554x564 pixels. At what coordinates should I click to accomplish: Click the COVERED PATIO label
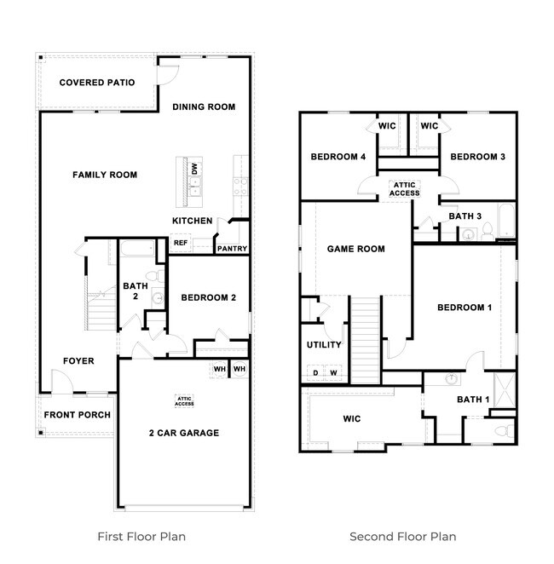click(x=93, y=83)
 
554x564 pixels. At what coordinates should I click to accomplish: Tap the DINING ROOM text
click(x=204, y=106)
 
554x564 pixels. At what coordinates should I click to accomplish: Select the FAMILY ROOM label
click(x=105, y=175)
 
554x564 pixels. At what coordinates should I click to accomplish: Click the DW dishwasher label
click(x=195, y=170)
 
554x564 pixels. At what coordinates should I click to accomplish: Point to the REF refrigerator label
click(x=180, y=243)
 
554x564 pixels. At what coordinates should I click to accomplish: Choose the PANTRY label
click(x=232, y=249)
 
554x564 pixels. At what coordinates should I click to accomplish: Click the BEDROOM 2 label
click(x=208, y=297)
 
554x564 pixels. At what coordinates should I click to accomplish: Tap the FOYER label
click(x=78, y=360)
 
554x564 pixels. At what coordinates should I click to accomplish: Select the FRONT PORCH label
click(x=78, y=415)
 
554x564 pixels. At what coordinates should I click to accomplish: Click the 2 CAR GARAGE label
click(x=184, y=433)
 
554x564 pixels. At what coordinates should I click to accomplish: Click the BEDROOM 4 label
click(x=338, y=157)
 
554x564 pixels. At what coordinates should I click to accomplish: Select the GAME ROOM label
click(x=356, y=249)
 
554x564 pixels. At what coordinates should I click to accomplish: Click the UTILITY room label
click(x=324, y=345)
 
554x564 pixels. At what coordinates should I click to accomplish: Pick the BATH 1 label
click(x=473, y=399)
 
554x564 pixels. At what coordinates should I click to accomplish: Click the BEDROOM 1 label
click(x=465, y=308)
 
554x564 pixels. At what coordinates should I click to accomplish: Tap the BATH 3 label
click(x=465, y=216)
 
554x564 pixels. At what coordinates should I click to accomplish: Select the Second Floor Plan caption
click(x=403, y=537)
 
